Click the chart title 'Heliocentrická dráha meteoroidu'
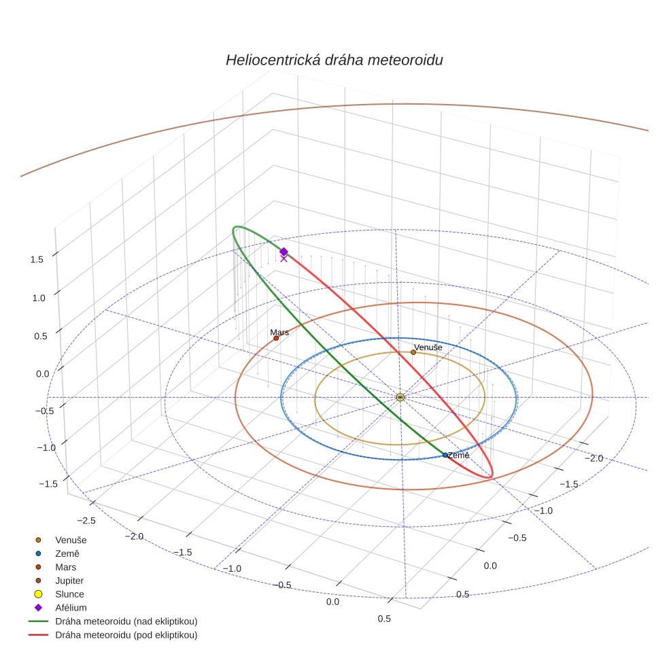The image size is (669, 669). (334, 60)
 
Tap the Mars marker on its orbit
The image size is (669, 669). (276, 338)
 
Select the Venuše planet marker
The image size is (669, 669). (413, 352)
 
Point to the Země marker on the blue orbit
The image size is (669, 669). (445, 455)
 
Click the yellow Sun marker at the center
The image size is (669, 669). (400, 397)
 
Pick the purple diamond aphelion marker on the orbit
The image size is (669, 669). (284, 252)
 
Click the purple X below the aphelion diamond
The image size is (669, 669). (284, 258)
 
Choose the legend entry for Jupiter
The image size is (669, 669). (69, 581)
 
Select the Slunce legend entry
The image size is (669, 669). (69, 594)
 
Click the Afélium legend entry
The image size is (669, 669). (71, 608)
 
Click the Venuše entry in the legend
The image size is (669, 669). (71, 540)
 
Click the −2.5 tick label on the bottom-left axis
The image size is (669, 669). (86, 520)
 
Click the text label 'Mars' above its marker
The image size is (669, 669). (279, 332)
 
